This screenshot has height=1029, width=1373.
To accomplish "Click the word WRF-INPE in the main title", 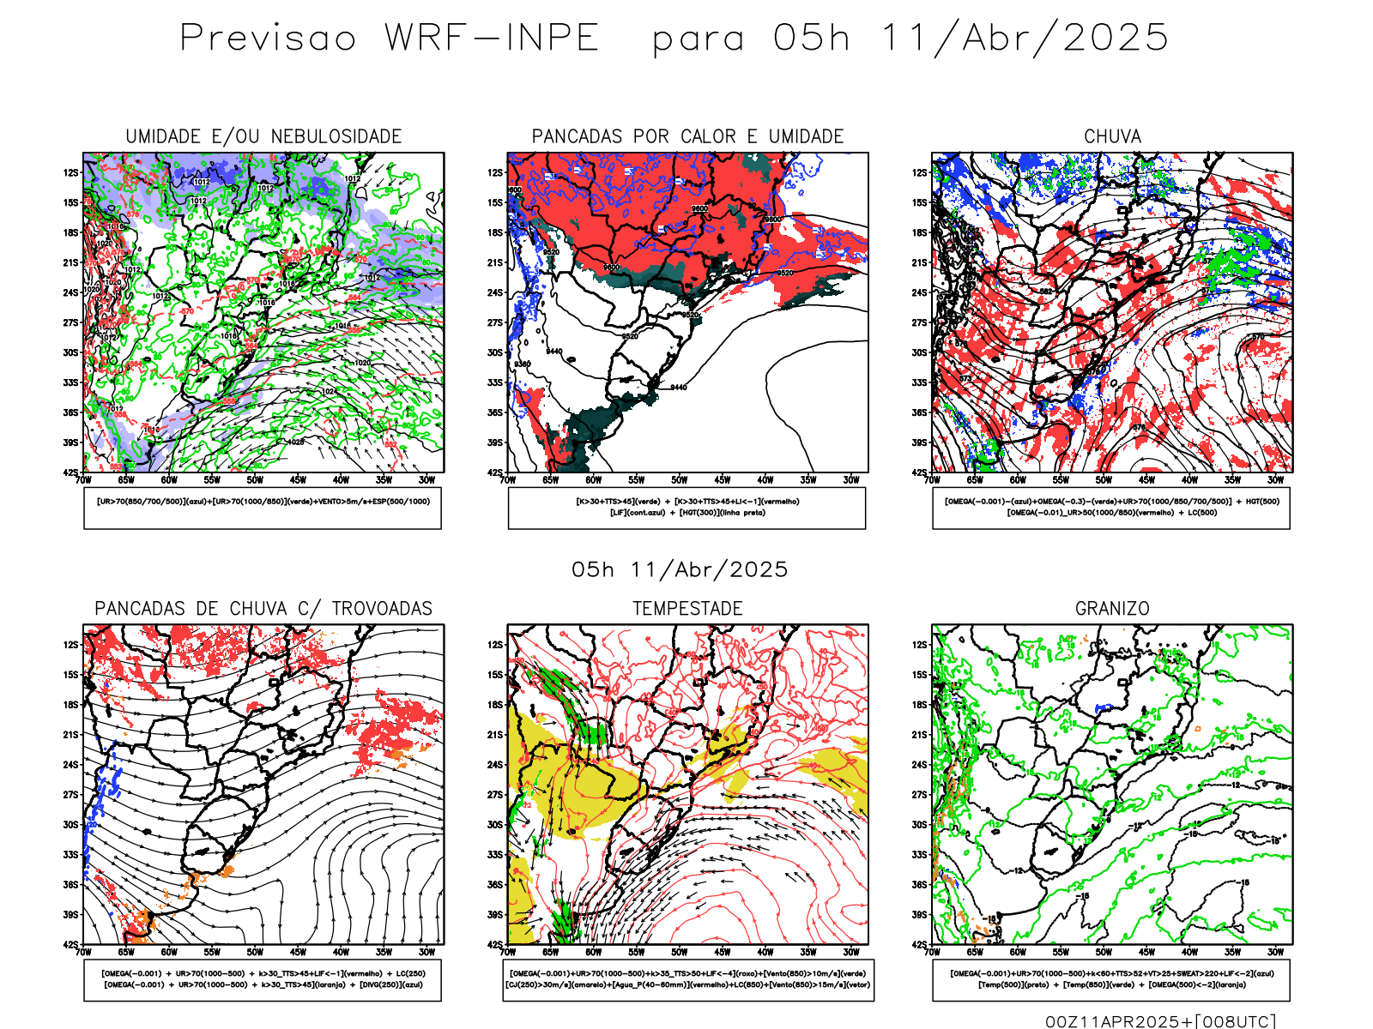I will [x=492, y=38].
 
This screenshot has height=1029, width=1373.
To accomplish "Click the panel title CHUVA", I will [x=1112, y=136].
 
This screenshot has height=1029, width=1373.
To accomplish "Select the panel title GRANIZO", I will [x=1112, y=609].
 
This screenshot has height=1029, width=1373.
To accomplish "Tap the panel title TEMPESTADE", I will [x=687, y=609].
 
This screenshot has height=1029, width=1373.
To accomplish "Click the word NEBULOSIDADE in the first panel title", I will [x=336, y=136].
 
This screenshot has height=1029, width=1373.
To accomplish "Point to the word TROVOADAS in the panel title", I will [x=382, y=609].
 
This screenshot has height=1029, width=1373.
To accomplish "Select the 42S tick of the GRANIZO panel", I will [x=920, y=945].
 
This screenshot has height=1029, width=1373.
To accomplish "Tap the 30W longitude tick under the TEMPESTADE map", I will [x=850, y=952].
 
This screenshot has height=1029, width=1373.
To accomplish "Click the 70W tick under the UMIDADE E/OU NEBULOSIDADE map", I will [x=83, y=480].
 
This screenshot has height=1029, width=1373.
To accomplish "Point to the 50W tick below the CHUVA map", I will [x=1104, y=480].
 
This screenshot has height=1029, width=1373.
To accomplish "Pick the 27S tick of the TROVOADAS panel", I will [x=70, y=795].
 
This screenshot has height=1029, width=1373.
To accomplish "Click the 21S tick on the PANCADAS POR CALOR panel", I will [x=495, y=263].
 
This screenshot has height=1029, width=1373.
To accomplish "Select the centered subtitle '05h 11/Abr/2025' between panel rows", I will [x=680, y=570].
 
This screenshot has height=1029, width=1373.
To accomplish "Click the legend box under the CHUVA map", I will [x=1111, y=508].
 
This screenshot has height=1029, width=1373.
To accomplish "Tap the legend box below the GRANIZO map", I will [x=1111, y=979].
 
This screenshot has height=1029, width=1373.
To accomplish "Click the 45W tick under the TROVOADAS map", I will [x=298, y=952].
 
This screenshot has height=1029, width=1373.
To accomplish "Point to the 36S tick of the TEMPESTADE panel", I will [x=495, y=885].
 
